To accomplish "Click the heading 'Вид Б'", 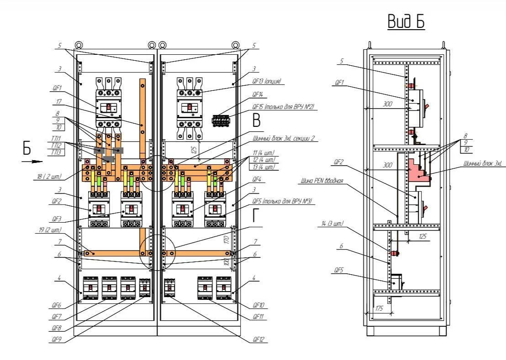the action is coord(406,21).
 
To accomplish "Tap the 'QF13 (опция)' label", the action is coord(267,81).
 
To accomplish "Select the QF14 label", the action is coord(258,94).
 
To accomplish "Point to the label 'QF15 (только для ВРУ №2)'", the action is coord(283,107).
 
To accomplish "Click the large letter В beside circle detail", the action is coord(256,120).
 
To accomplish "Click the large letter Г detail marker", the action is coord(256,215).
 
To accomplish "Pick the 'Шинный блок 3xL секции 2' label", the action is coord(283,139).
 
